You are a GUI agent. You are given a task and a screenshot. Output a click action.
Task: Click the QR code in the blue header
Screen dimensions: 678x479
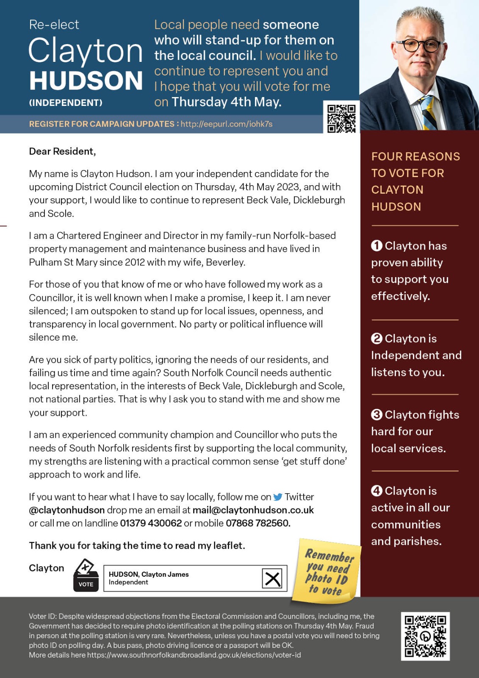coord(341,118)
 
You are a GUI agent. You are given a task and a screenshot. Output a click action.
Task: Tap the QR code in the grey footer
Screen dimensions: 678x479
coord(425,636)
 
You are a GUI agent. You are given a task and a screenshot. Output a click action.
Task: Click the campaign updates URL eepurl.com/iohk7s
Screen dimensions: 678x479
coord(227,124)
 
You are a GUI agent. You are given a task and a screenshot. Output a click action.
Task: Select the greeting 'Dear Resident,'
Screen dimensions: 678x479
coord(62,151)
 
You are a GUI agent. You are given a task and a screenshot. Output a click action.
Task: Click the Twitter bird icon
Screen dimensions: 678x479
coord(278,497)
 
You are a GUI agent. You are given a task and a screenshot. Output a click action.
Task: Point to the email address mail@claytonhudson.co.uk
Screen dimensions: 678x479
coord(253,510)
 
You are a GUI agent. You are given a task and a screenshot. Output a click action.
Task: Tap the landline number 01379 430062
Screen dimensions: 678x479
coord(151,523)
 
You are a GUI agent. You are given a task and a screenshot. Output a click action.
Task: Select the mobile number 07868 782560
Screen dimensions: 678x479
coord(257,523)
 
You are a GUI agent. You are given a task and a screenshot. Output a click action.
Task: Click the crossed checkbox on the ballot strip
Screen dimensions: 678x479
coord(272,578)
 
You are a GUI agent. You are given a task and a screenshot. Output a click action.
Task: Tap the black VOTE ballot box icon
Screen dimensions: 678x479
coord(86,576)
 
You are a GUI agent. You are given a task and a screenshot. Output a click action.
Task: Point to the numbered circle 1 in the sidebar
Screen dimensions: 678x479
coord(377,246)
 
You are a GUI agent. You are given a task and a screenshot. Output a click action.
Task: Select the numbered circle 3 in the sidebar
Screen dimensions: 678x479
coord(377,415)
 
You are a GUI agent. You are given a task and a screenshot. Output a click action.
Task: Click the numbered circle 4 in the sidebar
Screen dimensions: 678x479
coord(377,491)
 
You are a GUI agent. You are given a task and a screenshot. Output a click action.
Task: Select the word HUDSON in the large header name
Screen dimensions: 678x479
coord(86,81)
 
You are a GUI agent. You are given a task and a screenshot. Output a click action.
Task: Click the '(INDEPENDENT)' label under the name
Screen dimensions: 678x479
coord(66,103)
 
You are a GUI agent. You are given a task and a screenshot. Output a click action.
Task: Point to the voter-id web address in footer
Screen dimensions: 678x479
coord(194,655)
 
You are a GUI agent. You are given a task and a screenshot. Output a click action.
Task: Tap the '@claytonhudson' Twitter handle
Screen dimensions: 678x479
coord(67,510)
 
